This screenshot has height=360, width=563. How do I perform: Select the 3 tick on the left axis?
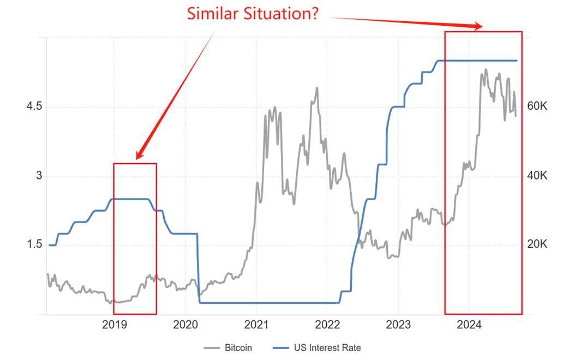click(39, 176)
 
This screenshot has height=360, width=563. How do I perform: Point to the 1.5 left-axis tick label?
click(34, 244)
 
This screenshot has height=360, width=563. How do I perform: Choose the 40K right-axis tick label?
click(536, 176)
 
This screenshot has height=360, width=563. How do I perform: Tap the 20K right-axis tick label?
click(536, 244)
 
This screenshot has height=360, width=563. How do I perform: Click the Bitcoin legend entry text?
click(238, 347)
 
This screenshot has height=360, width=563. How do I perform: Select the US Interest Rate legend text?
click(327, 347)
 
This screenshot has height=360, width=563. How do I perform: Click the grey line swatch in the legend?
click(212, 347)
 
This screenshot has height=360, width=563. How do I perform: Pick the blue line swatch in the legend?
click(281, 347)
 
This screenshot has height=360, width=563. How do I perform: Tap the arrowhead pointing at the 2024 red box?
click(478, 26)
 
